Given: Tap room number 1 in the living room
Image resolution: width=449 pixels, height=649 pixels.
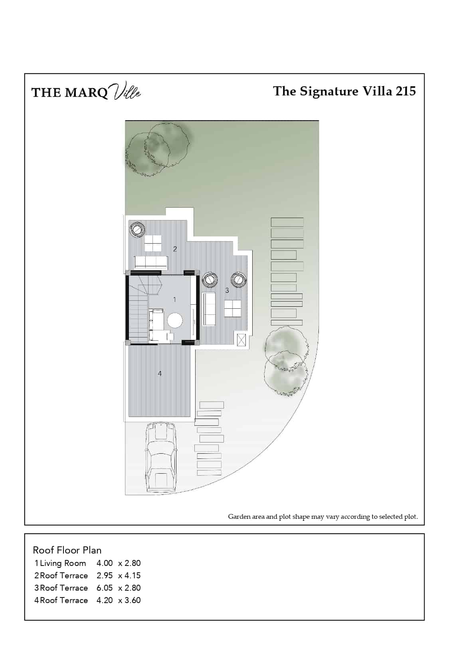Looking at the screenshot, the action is click(174, 299).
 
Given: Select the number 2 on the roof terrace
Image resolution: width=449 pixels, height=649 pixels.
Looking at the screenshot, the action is click(175, 249).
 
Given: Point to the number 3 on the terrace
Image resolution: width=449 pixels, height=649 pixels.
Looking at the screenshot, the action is click(227, 290).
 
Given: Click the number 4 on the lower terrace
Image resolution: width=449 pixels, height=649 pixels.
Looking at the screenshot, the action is click(160, 374).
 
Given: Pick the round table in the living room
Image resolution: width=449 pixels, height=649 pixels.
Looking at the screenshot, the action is click(175, 320).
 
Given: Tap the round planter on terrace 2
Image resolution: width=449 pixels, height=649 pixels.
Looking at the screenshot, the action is click(136, 230).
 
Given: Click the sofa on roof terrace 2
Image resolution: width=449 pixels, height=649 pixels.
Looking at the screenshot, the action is click(151, 262).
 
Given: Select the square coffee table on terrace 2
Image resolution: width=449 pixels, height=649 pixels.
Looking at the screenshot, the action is click(152, 243).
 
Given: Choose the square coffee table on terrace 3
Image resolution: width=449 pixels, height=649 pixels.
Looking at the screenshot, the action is click(232, 309).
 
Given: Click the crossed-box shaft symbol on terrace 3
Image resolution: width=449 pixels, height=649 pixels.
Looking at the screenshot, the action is click(241, 340).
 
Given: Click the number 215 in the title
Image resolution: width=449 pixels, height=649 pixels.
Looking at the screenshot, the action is click(405, 91).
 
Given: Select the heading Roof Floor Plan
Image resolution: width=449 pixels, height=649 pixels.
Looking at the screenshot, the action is click(67, 550).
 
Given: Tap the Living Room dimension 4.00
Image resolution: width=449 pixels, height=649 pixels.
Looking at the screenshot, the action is click(105, 563).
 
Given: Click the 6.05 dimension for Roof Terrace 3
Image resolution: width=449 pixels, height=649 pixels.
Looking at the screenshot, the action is click(105, 588).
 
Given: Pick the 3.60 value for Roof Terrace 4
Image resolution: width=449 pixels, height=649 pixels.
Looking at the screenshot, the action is click(133, 600).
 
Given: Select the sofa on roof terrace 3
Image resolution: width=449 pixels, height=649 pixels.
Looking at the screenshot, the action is click(209, 309).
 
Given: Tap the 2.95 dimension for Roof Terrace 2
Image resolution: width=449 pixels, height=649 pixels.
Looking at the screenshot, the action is click(105, 576).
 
